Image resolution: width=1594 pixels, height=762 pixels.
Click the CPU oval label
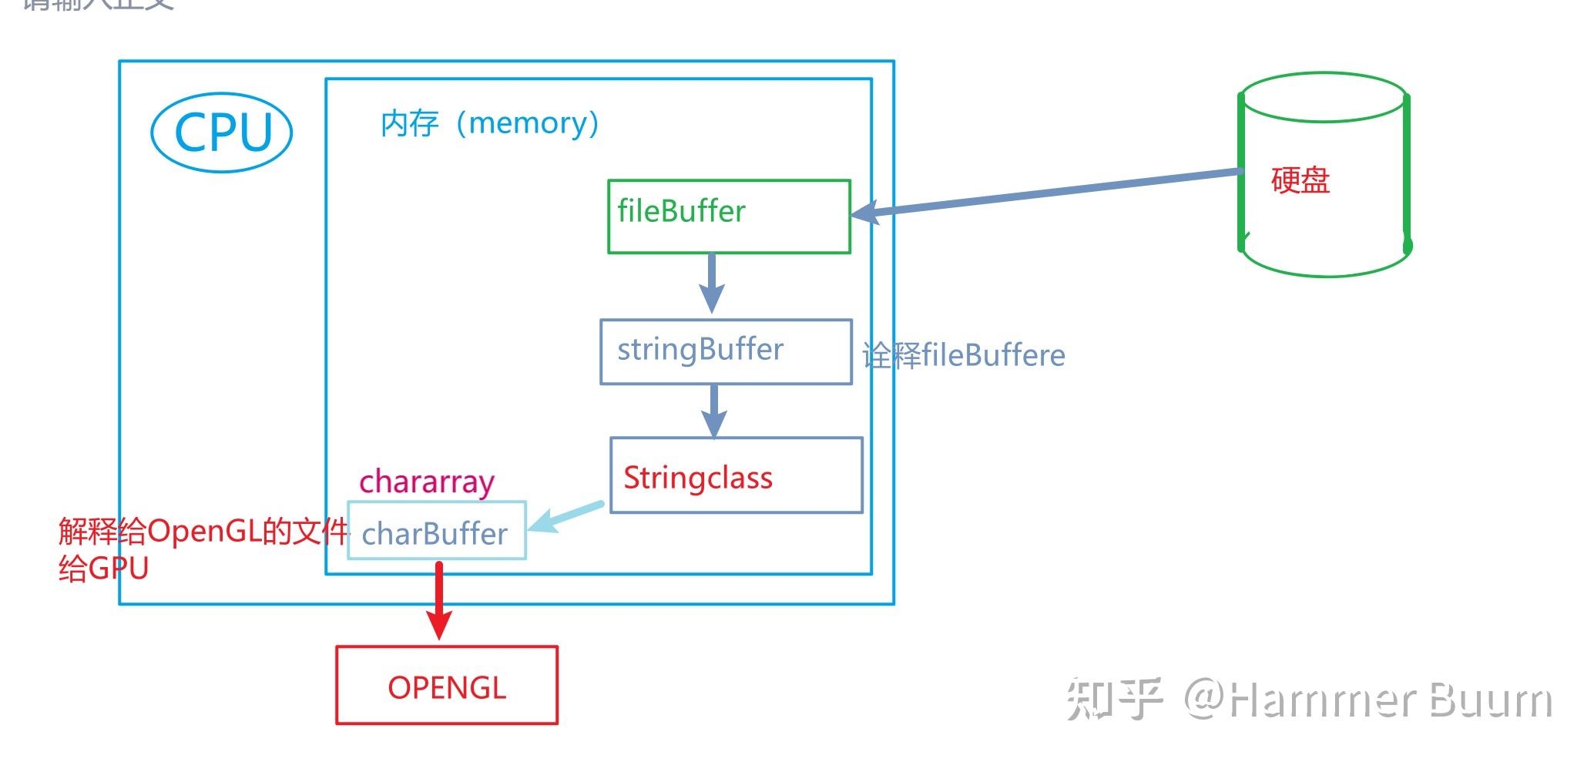click(222, 133)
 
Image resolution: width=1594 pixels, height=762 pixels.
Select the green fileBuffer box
click(728, 217)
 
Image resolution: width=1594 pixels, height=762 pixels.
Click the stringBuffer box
click(726, 351)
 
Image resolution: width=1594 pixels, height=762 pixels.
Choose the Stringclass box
click(736, 475)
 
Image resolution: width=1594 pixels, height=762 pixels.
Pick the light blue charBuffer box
click(436, 531)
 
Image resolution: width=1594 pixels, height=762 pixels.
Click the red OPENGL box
click(446, 685)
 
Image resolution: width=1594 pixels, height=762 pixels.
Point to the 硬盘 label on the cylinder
click(1300, 180)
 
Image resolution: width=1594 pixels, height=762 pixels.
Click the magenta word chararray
click(426, 482)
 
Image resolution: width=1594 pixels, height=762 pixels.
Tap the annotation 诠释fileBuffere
click(963, 356)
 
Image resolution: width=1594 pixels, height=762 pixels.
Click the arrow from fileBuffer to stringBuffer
click(711, 282)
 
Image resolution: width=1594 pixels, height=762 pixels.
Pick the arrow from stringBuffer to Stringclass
click(714, 411)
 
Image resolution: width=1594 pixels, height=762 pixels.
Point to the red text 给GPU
click(103, 569)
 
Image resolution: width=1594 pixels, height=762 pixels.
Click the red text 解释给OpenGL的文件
click(203, 532)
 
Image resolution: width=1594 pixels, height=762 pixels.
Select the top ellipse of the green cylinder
click(1324, 97)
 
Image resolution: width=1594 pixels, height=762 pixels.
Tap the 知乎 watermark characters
click(1113, 700)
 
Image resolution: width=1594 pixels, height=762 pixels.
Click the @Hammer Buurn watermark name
click(1367, 700)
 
